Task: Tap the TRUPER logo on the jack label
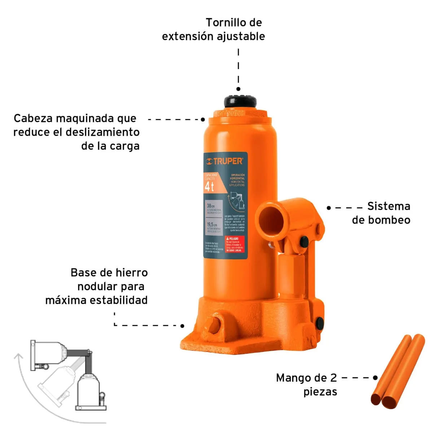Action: [x=224, y=161]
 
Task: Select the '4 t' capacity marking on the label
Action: [x=210, y=187]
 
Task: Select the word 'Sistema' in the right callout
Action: [x=389, y=206]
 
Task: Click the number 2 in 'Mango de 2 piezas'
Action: [x=333, y=378]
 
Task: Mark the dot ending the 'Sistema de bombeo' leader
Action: [x=329, y=208]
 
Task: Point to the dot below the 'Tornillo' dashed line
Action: [x=239, y=89]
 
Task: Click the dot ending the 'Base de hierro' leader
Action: [x=183, y=326]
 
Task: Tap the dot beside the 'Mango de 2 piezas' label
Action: [x=375, y=378]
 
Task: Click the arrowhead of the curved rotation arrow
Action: [x=17, y=357]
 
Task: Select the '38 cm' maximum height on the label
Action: [x=210, y=206]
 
